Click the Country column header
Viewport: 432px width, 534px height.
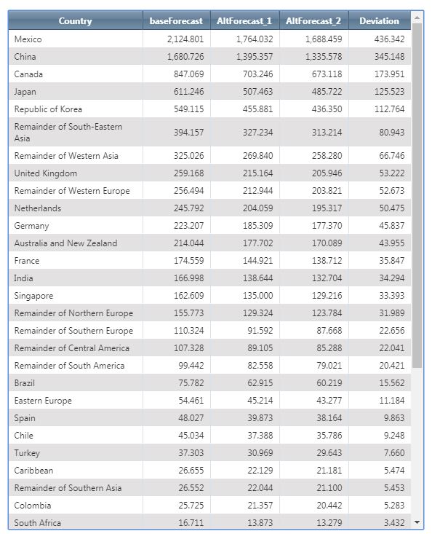75,21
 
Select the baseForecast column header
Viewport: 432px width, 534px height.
176,21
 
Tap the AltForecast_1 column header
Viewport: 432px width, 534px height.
244,21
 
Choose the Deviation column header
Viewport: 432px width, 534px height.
380,21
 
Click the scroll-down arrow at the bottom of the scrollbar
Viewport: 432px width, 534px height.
417,522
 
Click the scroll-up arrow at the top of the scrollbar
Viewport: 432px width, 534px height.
417,17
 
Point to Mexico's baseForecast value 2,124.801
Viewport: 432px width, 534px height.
185,39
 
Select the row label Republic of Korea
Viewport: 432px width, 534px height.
48,109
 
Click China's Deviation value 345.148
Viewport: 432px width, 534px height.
390,57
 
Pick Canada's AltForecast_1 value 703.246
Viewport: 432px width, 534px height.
257,74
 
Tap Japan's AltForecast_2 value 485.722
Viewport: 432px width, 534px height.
327,92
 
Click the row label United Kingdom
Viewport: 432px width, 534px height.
46,173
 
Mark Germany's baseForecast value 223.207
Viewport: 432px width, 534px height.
188,225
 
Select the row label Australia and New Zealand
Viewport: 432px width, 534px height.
65,243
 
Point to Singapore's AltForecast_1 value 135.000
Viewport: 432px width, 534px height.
257,295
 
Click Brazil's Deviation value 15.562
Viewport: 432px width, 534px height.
392,382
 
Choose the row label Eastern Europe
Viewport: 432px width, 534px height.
43,401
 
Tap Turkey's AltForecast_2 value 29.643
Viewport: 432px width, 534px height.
329,452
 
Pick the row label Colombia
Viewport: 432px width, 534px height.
33,506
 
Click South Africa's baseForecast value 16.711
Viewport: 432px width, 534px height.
191,523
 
